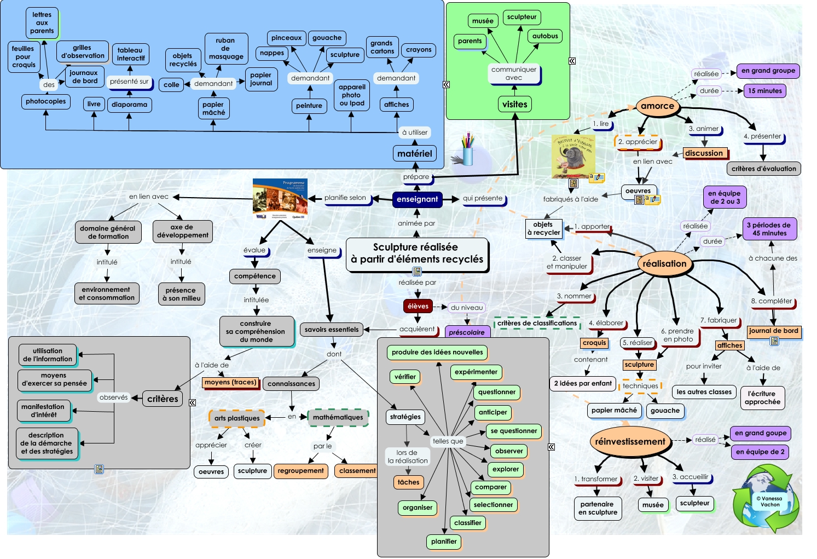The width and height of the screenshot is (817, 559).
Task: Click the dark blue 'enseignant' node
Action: [x=417, y=199]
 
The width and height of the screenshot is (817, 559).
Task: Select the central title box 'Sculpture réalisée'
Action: [x=417, y=253]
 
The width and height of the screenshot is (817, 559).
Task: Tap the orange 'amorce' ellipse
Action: [x=657, y=106]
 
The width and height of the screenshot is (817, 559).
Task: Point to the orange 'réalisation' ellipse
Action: [x=664, y=264]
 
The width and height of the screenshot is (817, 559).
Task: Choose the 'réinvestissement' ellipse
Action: [x=630, y=442]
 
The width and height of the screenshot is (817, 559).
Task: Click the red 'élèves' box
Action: [x=418, y=307]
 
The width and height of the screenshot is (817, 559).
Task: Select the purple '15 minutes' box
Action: [x=765, y=91]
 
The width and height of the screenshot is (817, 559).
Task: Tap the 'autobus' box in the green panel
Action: [x=545, y=36]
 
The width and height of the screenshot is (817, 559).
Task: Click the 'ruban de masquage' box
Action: [x=226, y=48]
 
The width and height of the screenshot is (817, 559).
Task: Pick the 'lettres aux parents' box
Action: [x=42, y=23]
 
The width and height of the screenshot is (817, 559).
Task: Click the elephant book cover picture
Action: [x=572, y=157]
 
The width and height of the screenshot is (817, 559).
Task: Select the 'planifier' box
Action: [x=444, y=541]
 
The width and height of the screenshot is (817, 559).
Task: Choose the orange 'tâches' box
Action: [x=408, y=482]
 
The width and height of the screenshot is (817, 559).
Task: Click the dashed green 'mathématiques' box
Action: [x=338, y=417]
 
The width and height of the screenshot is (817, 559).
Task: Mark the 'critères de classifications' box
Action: [x=537, y=323]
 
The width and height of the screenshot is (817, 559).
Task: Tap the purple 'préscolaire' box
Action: [x=467, y=332]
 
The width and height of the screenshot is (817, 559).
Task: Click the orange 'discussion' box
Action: [x=705, y=153]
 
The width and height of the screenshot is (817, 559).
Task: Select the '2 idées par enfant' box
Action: [x=583, y=383]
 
